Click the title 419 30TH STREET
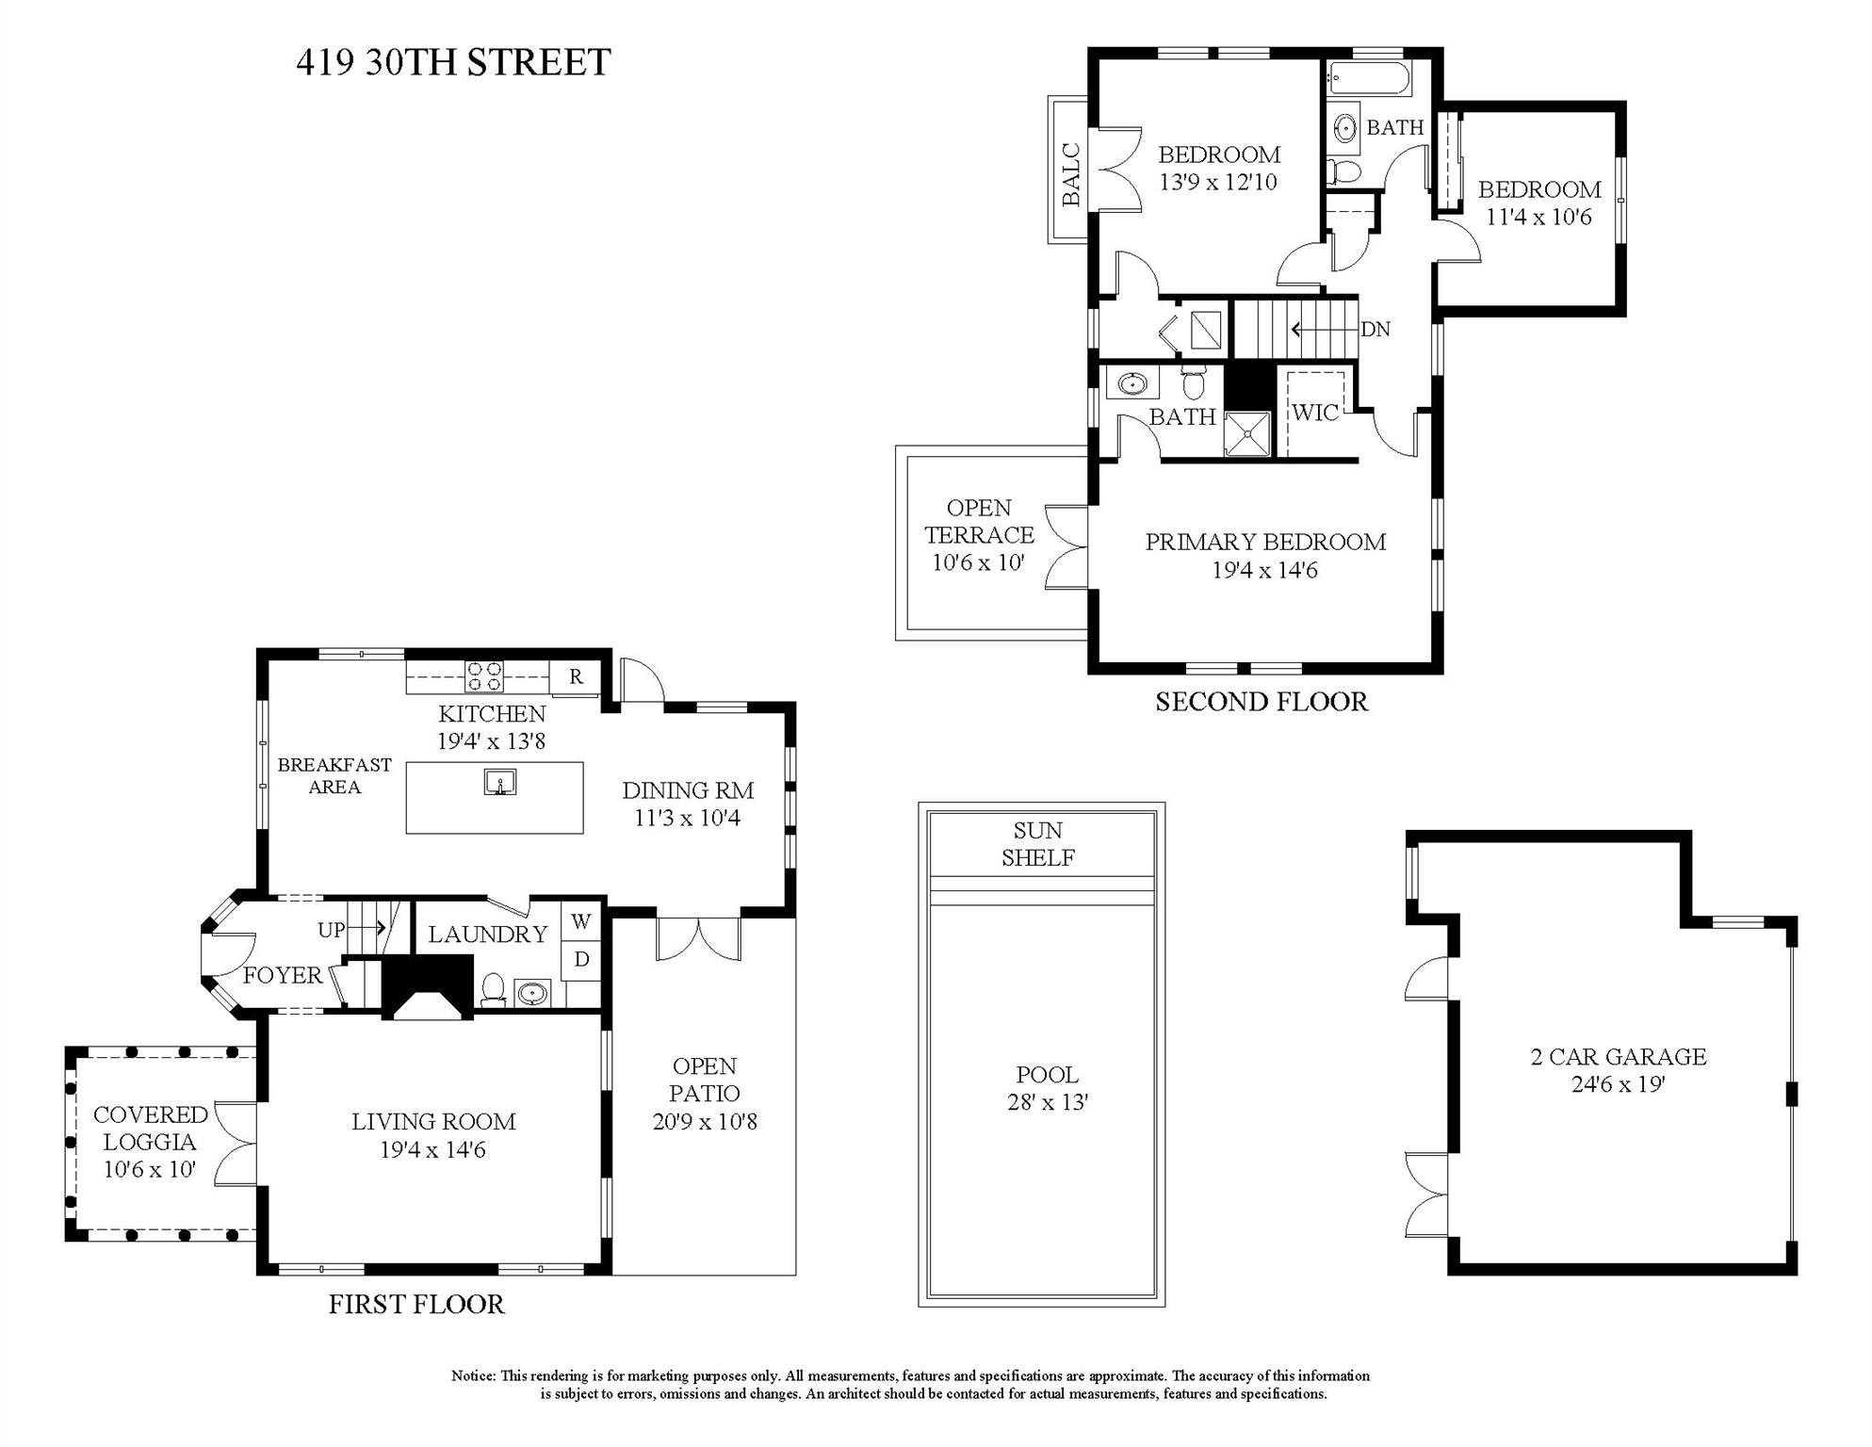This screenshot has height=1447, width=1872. (x=453, y=62)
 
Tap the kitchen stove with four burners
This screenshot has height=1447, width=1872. (x=484, y=677)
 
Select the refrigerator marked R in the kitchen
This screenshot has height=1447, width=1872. (x=577, y=676)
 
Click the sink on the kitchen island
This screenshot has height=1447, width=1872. (x=500, y=782)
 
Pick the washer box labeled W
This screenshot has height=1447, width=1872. (x=581, y=922)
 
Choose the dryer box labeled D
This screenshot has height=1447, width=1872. (x=581, y=960)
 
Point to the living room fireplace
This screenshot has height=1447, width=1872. (x=429, y=987)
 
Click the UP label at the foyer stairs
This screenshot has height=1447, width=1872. (x=331, y=930)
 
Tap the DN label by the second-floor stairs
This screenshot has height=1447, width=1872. (x=1376, y=330)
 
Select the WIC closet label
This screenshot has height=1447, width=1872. (x=1314, y=413)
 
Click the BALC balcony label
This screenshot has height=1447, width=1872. (x=1070, y=173)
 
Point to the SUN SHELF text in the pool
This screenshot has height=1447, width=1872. (x=1038, y=844)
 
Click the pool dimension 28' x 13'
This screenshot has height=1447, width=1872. (x=1048, y=1102)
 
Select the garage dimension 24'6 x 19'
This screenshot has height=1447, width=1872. (x=1618, y=1084)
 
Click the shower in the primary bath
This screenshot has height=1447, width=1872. (x=1247, y=433)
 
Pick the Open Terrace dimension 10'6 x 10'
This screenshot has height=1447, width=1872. (x=978, y=562)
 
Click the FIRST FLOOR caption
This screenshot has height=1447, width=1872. (x=416, y=1305)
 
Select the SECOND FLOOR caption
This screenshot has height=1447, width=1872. (x=1262, y=702)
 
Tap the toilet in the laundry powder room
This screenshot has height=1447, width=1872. (x=492, y=991)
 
